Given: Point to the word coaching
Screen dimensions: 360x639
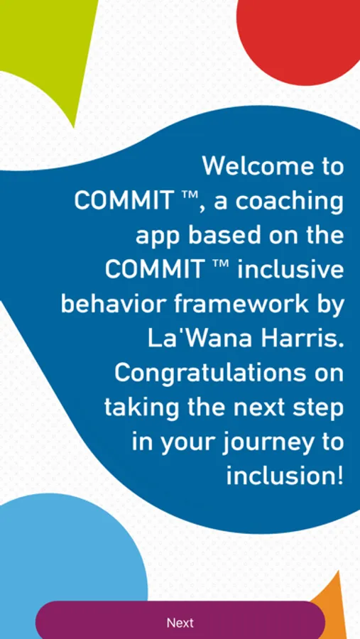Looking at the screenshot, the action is click(290, 202).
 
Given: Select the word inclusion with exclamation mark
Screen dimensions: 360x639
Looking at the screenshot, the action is click(285, 475).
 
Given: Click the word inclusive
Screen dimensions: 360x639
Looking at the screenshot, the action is click(290, 269).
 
